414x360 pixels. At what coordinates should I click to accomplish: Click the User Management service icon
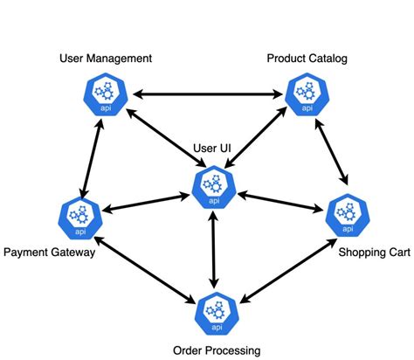pos(107,93)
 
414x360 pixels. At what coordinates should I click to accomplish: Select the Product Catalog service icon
pos(306,93)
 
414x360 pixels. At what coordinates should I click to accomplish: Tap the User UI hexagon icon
pos(212,186)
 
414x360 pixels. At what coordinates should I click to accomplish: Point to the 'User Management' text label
pos(106,59)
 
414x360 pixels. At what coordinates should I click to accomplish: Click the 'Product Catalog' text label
pos(307,59)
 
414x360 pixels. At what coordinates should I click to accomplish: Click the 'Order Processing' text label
pos(214,350)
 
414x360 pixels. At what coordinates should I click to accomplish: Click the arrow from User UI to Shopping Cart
pos(279,202)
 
